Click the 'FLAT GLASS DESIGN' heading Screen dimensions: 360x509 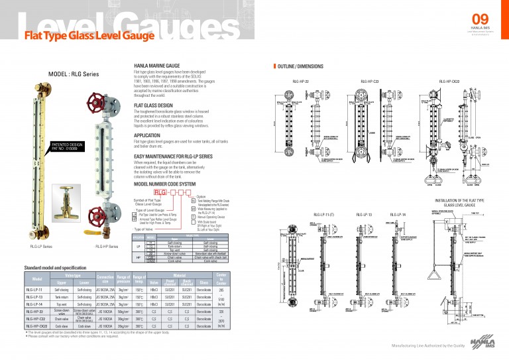pos(153,105)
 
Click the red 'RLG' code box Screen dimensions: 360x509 pos(159,191)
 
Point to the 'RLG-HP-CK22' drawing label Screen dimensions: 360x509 pos(449,82)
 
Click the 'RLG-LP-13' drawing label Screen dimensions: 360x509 pos(364,215)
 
